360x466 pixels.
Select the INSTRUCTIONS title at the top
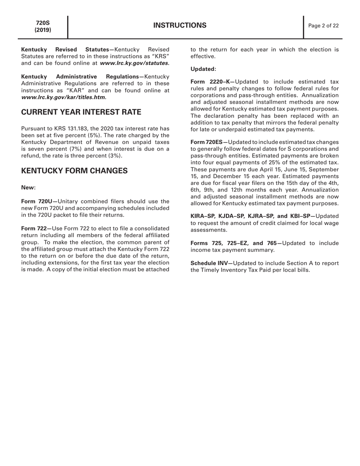(x=180, y=26)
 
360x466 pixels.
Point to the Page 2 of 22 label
(x=323, y=26)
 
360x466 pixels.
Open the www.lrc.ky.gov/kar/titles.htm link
(x=64, y=97)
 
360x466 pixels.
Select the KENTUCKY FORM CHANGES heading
(x=74, y=171)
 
